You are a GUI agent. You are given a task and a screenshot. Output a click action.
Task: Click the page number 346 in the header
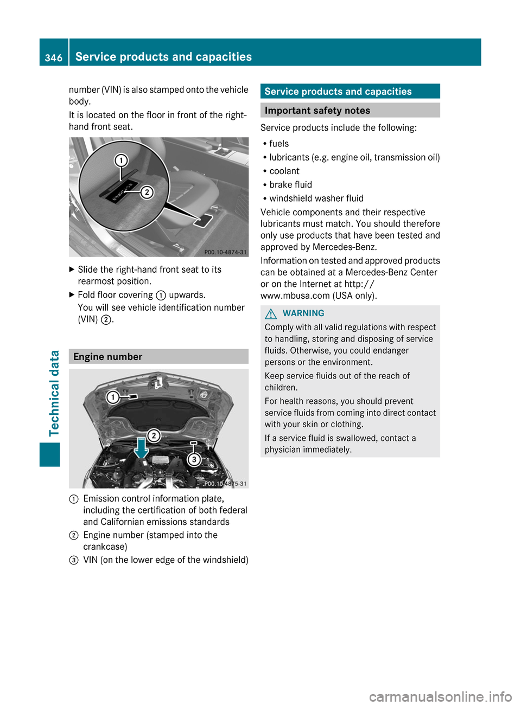pos(54,57)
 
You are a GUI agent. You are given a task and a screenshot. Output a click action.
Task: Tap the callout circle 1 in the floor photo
pos(121,161)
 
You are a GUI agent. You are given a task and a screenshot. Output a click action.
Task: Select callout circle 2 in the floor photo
pos(147,192)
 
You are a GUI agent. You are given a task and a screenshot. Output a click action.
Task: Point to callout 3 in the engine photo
pos(194,460)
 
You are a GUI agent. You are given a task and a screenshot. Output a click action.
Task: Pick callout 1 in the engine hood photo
pos(112,397)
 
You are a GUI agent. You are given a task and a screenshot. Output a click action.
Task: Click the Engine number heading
pos(107,357)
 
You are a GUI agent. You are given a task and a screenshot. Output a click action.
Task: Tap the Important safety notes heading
pos(317,111)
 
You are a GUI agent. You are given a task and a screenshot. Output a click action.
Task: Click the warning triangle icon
pos(271,313)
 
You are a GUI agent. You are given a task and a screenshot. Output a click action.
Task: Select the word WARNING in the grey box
pos(303,313)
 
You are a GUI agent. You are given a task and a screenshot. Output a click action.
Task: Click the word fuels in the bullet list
pos(279,144)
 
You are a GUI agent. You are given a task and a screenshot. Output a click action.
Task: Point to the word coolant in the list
pos(284,171)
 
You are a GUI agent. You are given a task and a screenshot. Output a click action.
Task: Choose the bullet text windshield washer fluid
pos(316,198)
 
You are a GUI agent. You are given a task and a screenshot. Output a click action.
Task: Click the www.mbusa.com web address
pos(295,296)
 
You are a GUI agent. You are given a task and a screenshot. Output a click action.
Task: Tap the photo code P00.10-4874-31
pos(225,252)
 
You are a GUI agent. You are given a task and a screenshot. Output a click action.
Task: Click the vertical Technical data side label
pos(54,393)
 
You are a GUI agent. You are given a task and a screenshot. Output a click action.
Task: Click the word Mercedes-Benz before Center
pos(376,272)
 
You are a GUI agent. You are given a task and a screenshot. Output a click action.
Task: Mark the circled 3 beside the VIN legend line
pos(74,560)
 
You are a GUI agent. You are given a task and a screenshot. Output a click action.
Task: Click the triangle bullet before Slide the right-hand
pos(72,269)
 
